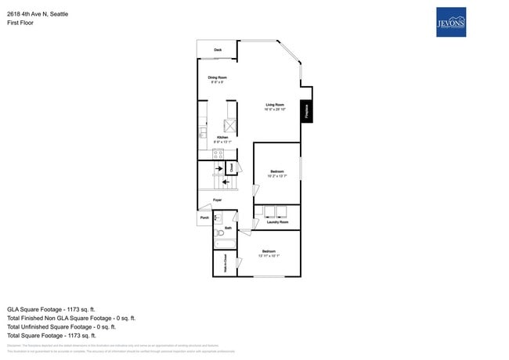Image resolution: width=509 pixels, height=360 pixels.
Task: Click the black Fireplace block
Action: [x=307, y=111]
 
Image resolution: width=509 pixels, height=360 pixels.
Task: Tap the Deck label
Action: [x=218, y=50]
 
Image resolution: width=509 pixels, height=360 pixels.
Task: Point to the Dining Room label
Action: [x=217, y=78]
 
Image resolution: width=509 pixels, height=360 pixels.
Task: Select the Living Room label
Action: [x=274, y=106]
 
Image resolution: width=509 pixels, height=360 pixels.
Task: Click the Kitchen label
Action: [x=222, y=138]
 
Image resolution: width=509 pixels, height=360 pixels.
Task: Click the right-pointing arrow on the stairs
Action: [x=218, y=168]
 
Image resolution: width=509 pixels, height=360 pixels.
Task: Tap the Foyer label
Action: [x=218, y=200]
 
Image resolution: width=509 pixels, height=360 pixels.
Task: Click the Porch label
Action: [x=204, y=218]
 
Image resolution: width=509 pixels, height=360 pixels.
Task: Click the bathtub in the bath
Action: [x=219, y=218]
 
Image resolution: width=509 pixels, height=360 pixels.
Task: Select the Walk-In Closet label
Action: [x=226, y=262]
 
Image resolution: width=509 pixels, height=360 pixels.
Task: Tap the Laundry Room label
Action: [x=277, y=222]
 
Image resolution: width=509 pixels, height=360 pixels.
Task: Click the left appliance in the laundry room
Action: [x=269, y=211]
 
